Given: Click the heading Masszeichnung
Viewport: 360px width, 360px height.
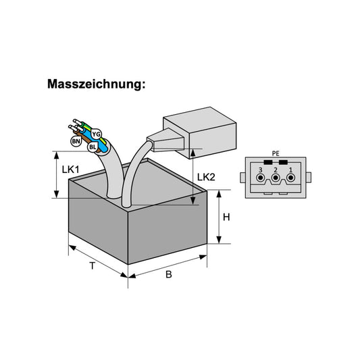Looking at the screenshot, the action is pyautogui.click(x=96, y=84).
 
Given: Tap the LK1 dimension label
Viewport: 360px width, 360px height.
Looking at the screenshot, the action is pyautogui.click(x=70, y=170).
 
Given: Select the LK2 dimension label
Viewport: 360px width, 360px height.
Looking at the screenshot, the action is pyautogui.click(x=206, y=177).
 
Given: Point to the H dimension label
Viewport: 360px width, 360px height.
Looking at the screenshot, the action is pyautogui.click(x=226, y=217).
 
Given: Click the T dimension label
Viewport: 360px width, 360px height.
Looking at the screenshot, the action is pyautogui.click(x=92, y=266).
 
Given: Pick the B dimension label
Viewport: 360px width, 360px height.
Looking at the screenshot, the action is pyautogui.click(x=169, y=274).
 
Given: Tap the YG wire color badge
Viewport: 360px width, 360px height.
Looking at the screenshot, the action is pyautogui.click(x=96, y=134).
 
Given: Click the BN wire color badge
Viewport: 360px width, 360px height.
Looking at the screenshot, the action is pyautogui.click(x=76, y=141).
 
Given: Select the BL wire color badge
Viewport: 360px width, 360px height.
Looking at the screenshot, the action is pyautogui.click(x=93, y=147).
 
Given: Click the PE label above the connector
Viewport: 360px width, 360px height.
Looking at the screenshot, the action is pyautogui.click(x=276, y=153).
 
